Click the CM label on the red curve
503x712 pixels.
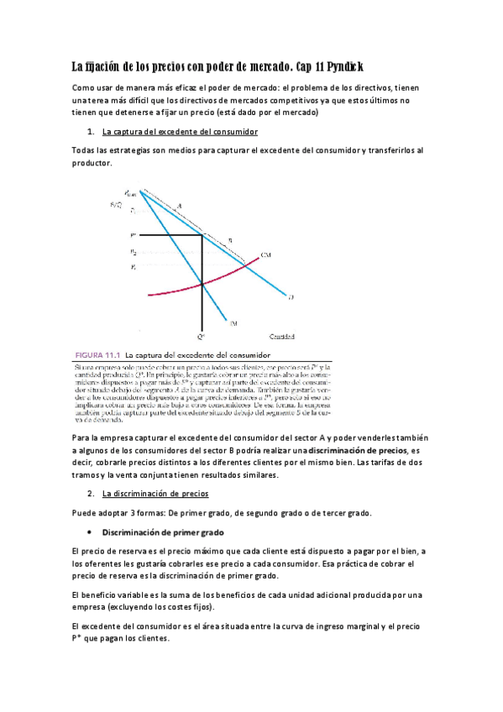click(x=265, y=254)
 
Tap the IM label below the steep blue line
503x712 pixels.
click(x=233, y=321)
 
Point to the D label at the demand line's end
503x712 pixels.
click(x=291, y=296)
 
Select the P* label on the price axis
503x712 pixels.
click(x=133, y=236)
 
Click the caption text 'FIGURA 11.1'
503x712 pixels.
click(x=98, y=353)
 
